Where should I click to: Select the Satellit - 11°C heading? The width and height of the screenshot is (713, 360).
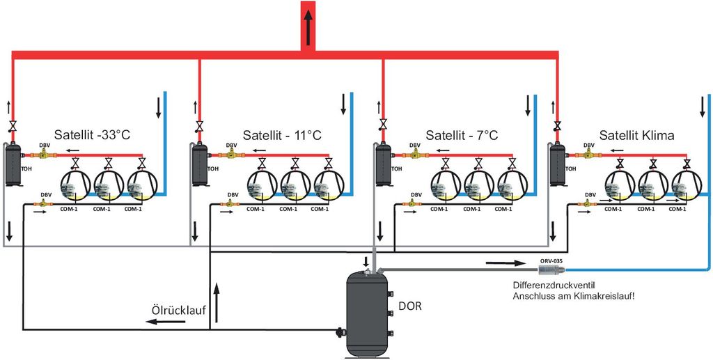[282, 134]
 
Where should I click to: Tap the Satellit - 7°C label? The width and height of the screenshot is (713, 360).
[462, 134]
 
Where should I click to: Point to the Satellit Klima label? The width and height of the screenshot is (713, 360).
[637, 134]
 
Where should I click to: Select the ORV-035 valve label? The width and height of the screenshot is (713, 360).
[551, 260]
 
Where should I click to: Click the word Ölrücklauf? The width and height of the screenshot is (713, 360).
[178, 311]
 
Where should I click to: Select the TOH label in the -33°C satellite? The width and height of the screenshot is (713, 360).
[26, 169]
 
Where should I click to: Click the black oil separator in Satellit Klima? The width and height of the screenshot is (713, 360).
[556, 165]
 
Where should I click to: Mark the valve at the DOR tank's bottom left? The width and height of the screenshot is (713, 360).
[339, 333]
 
